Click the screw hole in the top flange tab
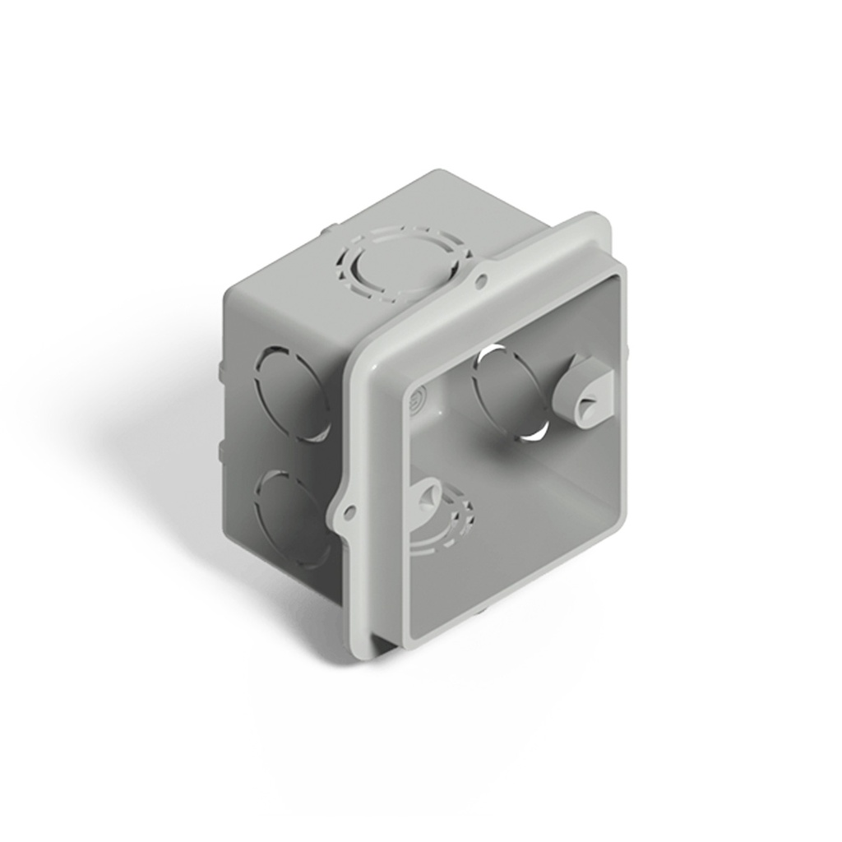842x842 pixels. point(481,281)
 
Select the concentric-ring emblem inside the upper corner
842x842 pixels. point(415,400)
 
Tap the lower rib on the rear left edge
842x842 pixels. point(220,448)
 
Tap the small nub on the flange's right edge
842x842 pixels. point(627,352)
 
